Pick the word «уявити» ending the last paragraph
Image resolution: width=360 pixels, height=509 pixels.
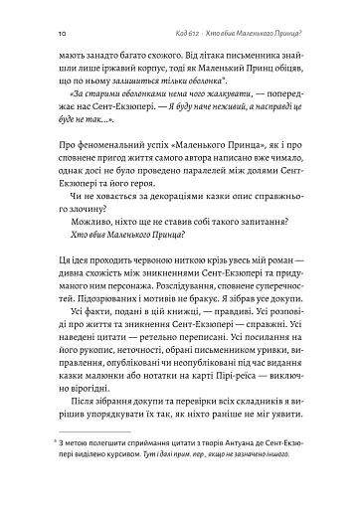(x=302, y=502)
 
